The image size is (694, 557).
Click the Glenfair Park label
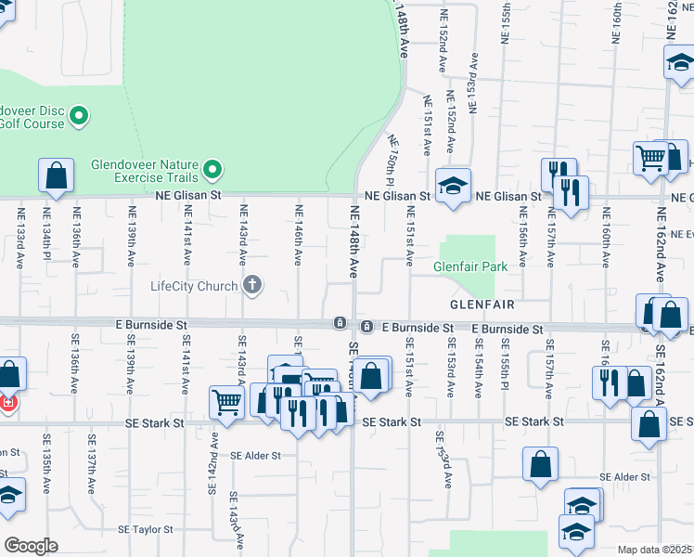(470, 266)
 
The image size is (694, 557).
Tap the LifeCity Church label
(194, 286)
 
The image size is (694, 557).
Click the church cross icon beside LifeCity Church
(251, 285)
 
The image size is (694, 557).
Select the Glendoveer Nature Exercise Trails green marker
(213, 170)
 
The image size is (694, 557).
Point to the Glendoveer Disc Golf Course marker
(79, 117)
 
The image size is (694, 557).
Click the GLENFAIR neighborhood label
(482, 304)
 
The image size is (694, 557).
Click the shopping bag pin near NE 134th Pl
(56, 175)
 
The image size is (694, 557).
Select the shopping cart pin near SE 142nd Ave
(226, 402)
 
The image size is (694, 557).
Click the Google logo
(31, 546)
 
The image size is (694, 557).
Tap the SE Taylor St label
(146, 529)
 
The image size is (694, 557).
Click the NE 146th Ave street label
(299, 238)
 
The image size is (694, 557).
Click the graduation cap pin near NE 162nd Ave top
(679, 63)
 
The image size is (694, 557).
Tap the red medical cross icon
(7, 405)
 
